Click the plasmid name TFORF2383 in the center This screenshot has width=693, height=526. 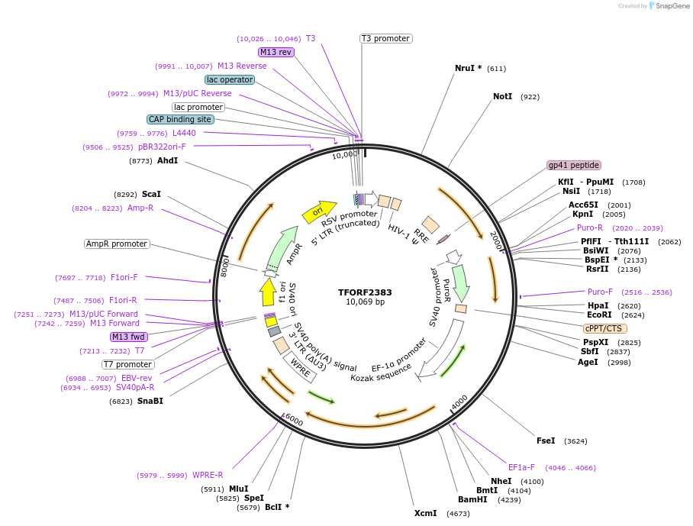365,292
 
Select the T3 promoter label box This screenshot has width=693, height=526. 385,38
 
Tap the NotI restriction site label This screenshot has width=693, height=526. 502,97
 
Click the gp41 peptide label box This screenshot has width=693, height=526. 574,165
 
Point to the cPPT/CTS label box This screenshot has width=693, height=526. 605,328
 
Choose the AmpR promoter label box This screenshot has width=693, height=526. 117,244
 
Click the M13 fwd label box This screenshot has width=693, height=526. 128,337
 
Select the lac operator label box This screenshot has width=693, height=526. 230,79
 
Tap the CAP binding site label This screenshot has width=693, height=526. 180,119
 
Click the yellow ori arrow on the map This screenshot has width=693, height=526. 318,211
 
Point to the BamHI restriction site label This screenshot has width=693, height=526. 472,499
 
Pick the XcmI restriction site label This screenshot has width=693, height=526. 426,513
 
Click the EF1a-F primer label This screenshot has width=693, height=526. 522,467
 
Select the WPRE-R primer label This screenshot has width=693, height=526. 208,475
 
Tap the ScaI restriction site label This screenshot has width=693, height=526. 151,195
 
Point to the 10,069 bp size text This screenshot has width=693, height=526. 365,302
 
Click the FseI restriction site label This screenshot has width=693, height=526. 546,440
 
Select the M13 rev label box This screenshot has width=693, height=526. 276,52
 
